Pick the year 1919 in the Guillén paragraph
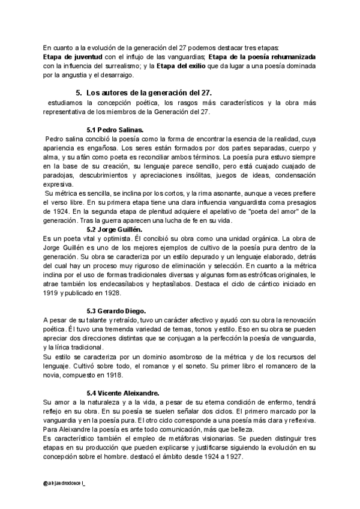[x=52, y=293]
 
